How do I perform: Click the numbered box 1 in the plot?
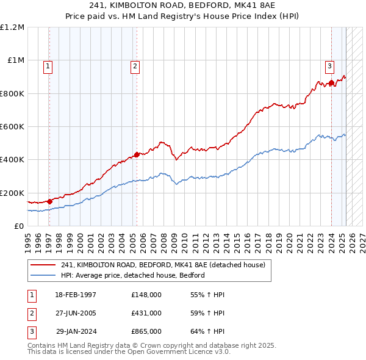(x=48, y=67)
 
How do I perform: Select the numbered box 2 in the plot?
(x=135, y=67)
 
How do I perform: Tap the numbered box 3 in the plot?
(x=329, y=67)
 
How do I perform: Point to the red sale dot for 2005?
(x=137, y=154)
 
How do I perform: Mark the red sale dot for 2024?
(x=331, y=83)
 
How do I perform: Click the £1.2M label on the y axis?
(x=12, y=27)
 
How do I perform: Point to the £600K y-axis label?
(x=12, y=127)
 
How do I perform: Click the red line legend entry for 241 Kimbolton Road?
(x=163, y=265)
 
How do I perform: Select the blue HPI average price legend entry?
(x=132, y=275)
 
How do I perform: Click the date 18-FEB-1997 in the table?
(x=76, y=295)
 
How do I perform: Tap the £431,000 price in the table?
(x=146, y=313)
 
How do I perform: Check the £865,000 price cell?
(x=146, y=331)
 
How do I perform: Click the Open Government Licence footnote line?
(x=129, y=351)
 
